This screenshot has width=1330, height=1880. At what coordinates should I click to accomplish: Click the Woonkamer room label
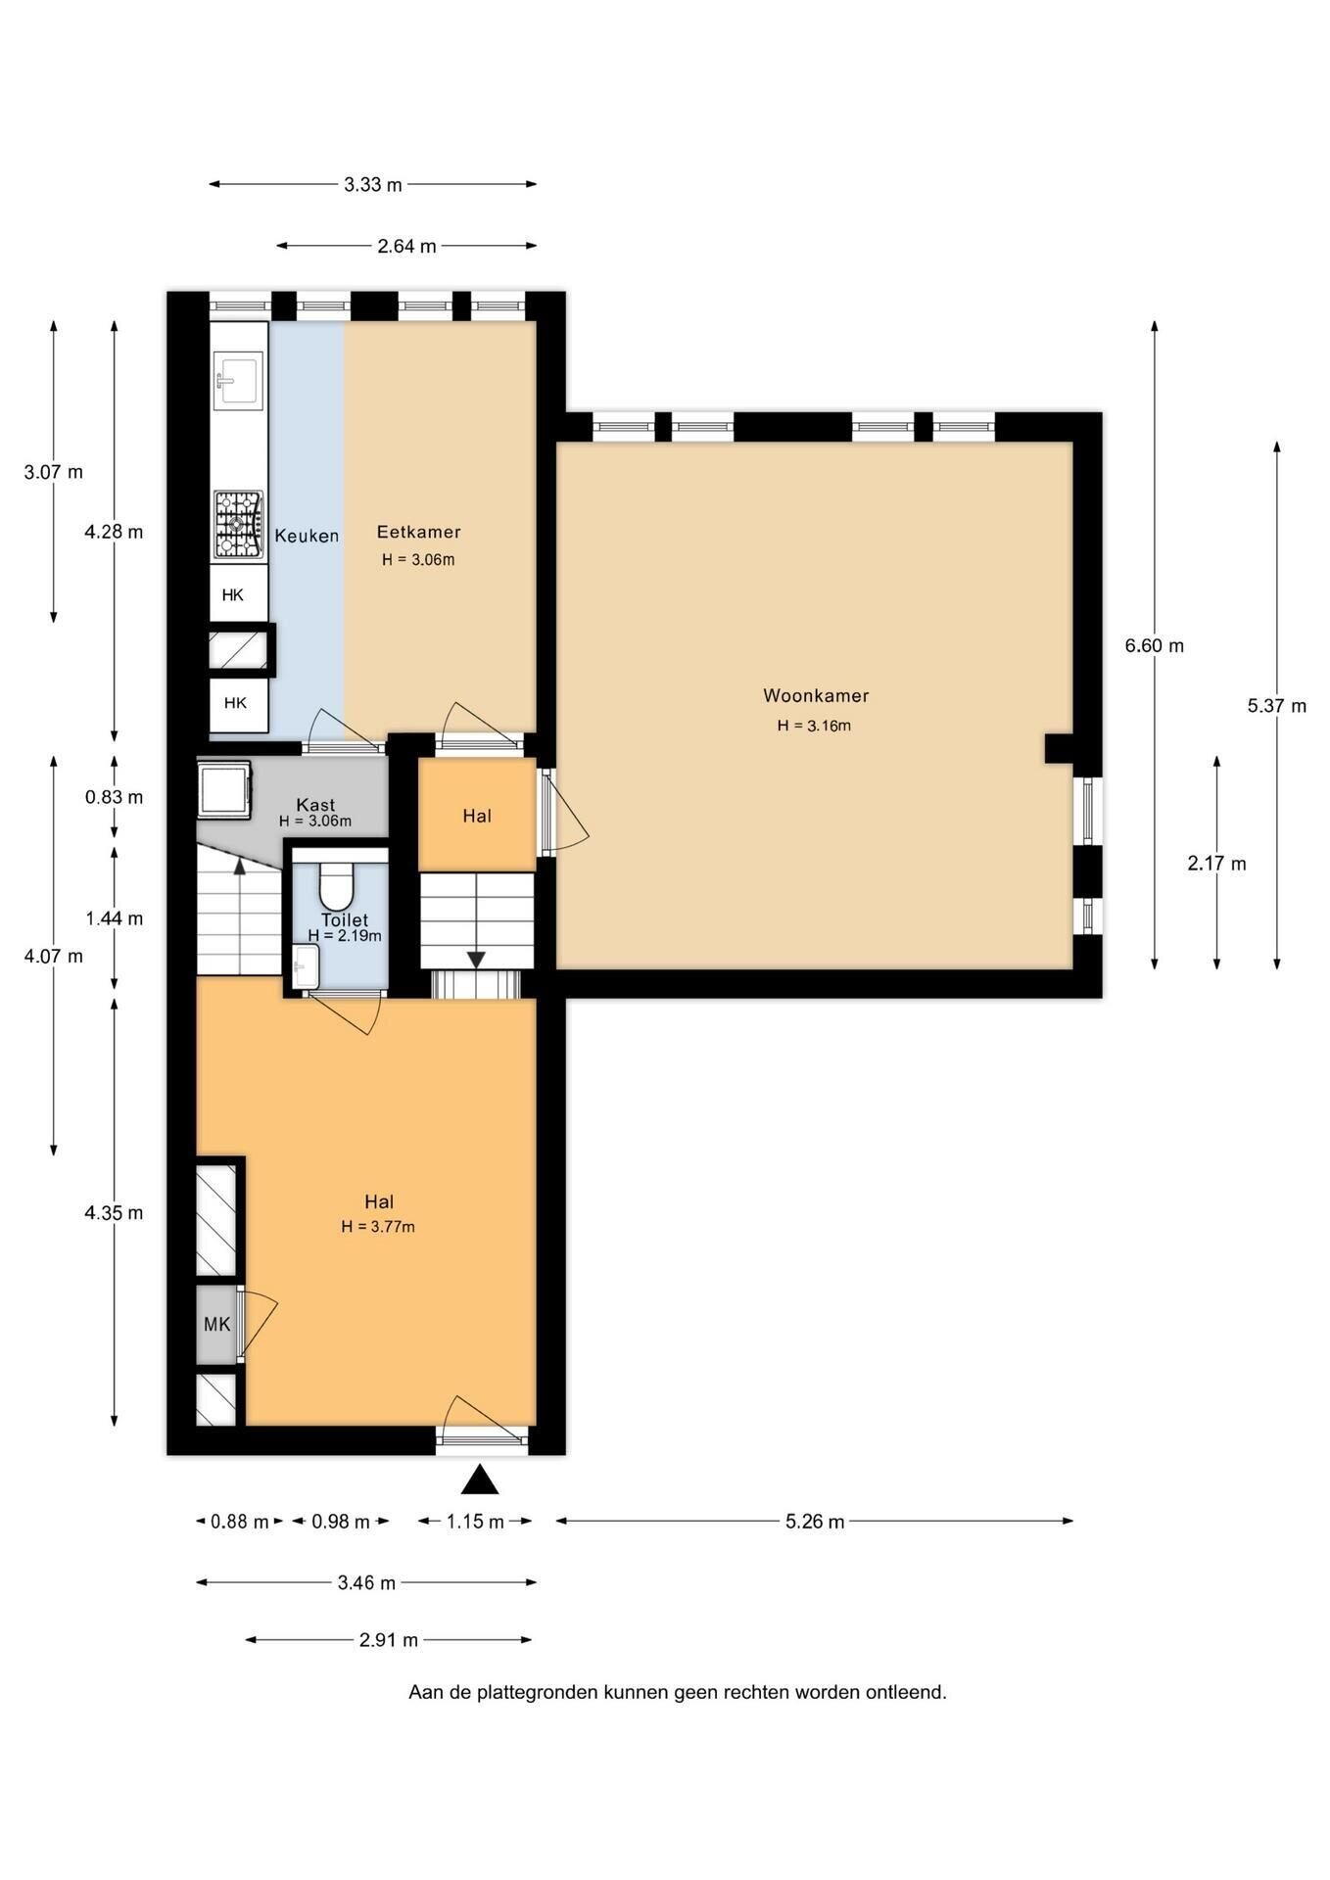[x=816, y=696]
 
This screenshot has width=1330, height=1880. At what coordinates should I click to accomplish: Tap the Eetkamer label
[x=418, y=532]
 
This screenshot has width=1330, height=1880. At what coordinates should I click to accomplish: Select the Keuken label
[x=307, y=536]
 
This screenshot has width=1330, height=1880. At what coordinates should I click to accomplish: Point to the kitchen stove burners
[x=239, y=525]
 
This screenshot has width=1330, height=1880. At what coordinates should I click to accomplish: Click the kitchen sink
[x=238, y=379]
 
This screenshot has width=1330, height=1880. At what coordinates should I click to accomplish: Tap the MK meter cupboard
[x=216, y=1324]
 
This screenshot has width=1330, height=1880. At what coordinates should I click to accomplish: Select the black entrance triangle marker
[x=480, y=1480]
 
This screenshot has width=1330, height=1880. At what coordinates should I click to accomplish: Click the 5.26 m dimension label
[x=815, y=1521]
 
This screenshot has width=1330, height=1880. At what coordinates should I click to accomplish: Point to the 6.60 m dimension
[x=1155, y=645]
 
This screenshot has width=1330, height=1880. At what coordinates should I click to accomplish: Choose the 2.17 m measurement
[x=1216, y=863]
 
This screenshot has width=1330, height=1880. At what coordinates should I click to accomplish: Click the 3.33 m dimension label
[x=373, y=184]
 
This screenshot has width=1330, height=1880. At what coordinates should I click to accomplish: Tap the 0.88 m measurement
[x=240, y=1522]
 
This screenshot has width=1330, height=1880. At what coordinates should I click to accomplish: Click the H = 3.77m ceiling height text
[x=378, y=1227]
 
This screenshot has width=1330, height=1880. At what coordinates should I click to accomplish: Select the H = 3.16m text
[x=815, y=726]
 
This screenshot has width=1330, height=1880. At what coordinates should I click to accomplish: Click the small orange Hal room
[x=477, y=815]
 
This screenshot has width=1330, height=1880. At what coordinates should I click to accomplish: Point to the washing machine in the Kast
[x=224, y=789]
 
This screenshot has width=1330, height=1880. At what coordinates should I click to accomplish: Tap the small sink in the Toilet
[x=306, y=967]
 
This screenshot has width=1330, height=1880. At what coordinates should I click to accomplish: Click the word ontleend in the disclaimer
[x=906, y=1692]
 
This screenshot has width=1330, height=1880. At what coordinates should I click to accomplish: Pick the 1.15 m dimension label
[x=475, y=1522]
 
